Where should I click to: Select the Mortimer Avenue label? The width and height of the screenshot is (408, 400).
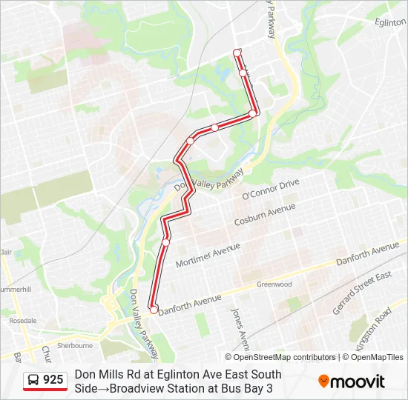(208, 255)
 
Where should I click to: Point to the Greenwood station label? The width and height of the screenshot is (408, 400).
(274, 284)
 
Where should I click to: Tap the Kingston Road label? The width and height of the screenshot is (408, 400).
(373, 326)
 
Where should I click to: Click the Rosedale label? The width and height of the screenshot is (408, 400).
(23, 321)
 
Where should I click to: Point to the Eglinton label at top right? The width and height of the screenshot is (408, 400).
(390, 23)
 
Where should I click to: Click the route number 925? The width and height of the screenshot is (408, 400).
(53, 380)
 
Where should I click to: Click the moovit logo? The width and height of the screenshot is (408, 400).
(352, 381)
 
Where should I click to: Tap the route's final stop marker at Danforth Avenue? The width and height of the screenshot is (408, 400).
(154, 310)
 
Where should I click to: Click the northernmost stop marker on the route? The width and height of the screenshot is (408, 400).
(237, 53)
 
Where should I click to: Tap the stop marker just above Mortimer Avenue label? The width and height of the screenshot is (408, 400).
(166, 242)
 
